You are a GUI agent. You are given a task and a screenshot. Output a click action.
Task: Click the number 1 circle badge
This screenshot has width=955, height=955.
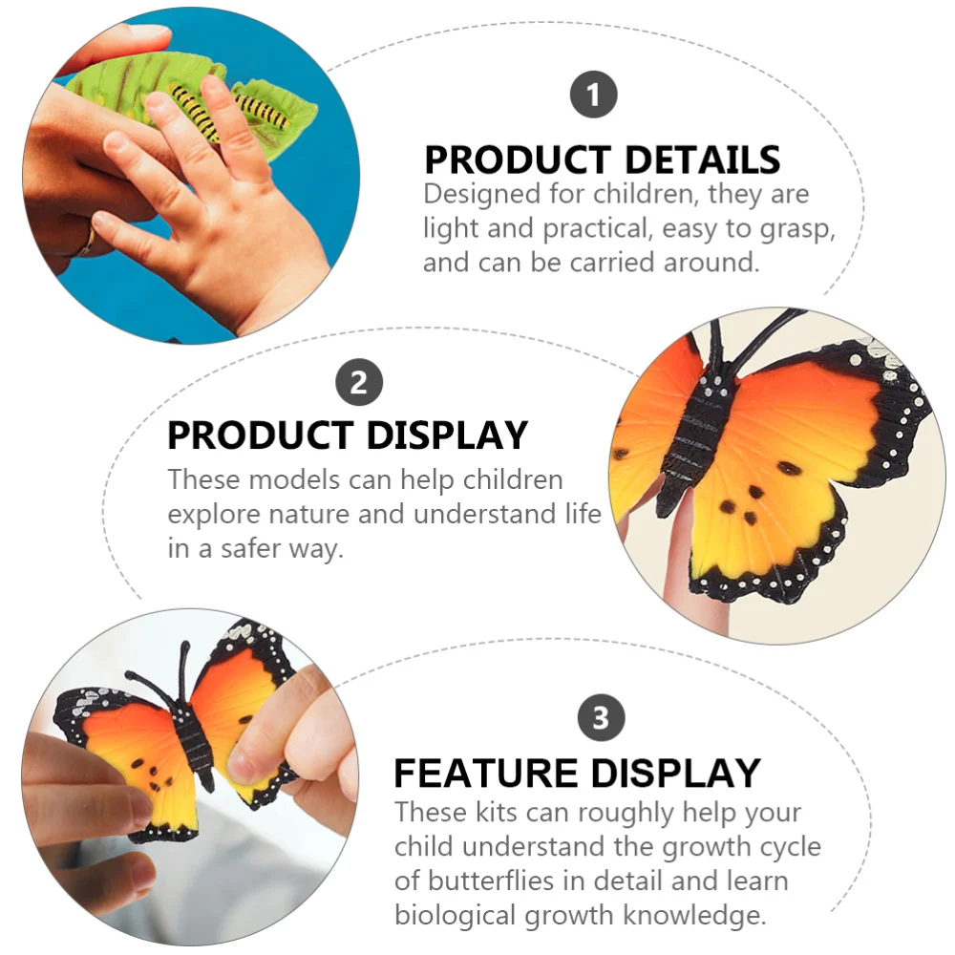pyautogui.click(x=594, y=95)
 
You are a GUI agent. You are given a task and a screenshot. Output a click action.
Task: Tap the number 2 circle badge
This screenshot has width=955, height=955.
pyautogui.click(x=359, y=383)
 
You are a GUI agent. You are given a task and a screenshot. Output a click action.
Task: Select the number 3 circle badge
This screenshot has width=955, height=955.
pyautogui.click(x=601, y=717)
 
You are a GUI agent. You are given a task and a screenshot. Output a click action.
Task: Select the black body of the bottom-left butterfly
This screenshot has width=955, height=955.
pyautogui.click(x=197, y=746)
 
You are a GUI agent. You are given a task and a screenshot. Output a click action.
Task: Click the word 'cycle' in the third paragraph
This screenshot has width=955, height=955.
pyautogui.click(x=788, y=846)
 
